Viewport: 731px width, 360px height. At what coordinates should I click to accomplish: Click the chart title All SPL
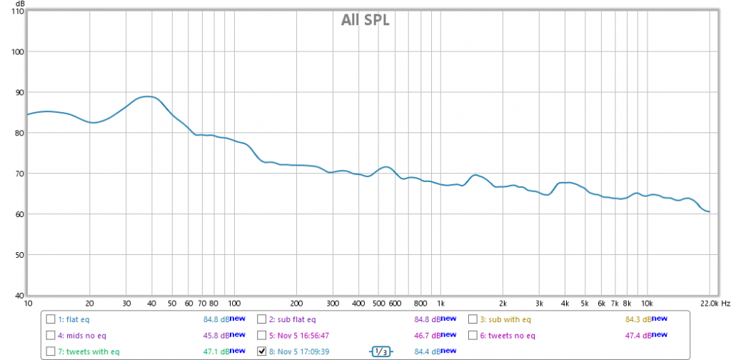tap(365, 20)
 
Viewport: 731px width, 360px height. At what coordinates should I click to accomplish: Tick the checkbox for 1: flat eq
tap(51, 319)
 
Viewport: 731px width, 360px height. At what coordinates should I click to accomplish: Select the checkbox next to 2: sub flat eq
tap(262, 319)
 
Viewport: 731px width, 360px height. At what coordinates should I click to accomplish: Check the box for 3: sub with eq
tap(473, 319)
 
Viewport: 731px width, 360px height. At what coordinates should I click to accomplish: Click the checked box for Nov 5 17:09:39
tap(262, 351)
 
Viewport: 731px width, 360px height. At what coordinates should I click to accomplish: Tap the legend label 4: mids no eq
tap(81, 335)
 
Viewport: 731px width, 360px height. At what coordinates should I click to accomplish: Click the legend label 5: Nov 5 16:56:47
tap(299, 335)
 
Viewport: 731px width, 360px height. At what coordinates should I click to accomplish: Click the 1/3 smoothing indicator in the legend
tap(381, 351)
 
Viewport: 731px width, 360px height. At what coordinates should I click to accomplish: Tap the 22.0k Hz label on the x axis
tap(714, 303)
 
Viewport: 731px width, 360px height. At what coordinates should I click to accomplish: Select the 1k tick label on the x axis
tap(440, 303)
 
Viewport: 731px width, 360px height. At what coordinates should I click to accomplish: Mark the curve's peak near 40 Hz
tap(148, 96)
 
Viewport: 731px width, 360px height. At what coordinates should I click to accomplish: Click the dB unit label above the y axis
tap(20, 4)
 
